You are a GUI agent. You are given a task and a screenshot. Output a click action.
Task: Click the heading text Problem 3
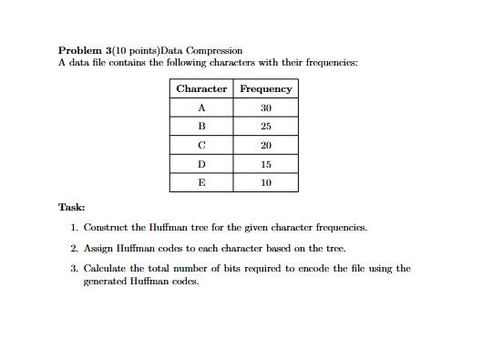click(85, 48)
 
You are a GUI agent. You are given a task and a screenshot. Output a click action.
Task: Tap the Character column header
click(201, 88)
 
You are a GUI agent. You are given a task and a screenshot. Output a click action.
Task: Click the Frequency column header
click(266, 88)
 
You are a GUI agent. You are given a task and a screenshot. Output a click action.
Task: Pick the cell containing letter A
click(201, 108)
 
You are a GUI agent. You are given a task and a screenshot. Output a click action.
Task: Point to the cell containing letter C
click(201, 145)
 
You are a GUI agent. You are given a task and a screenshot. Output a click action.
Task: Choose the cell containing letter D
click(201, 164)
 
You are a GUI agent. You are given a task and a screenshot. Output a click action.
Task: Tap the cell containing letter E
click(201, 182)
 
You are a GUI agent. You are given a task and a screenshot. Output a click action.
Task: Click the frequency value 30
click(266, 108)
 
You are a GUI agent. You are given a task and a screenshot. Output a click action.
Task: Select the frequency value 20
click(266, 145)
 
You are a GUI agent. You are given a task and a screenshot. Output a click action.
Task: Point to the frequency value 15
click(266, 164)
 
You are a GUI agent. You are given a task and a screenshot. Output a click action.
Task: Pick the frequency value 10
click(266, 182)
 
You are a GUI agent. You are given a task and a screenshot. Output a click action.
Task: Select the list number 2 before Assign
click(73, 247)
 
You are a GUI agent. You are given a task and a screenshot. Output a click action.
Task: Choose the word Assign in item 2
click(98, 247)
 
